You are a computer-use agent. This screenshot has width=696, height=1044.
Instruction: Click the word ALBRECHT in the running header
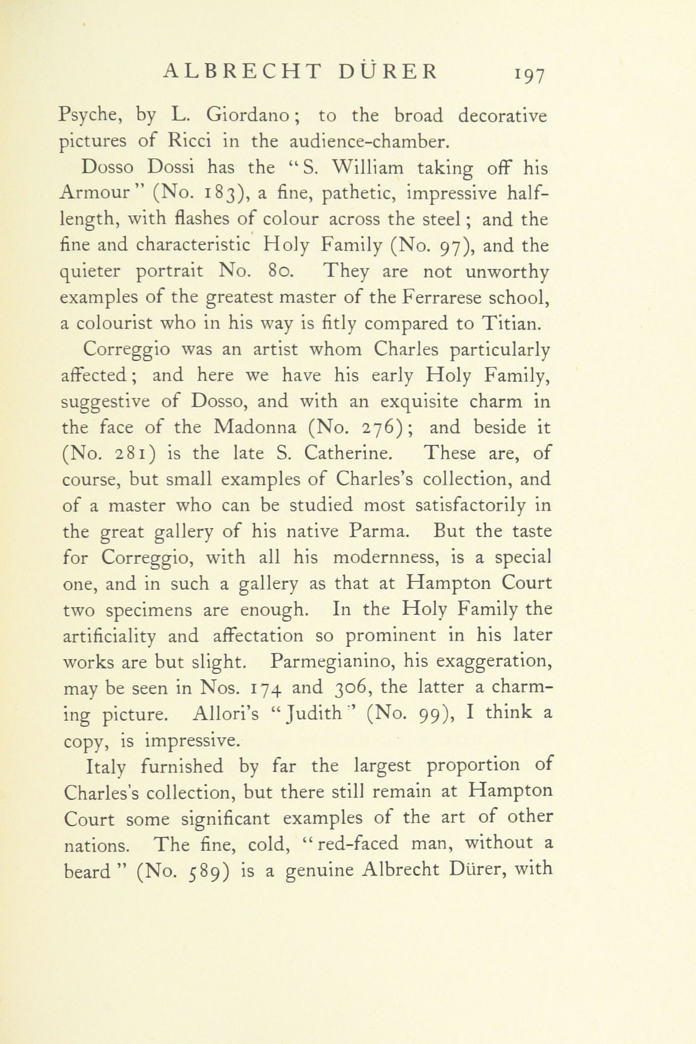tap(242, 72)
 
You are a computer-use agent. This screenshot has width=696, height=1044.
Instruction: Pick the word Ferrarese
tap(441, 297)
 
